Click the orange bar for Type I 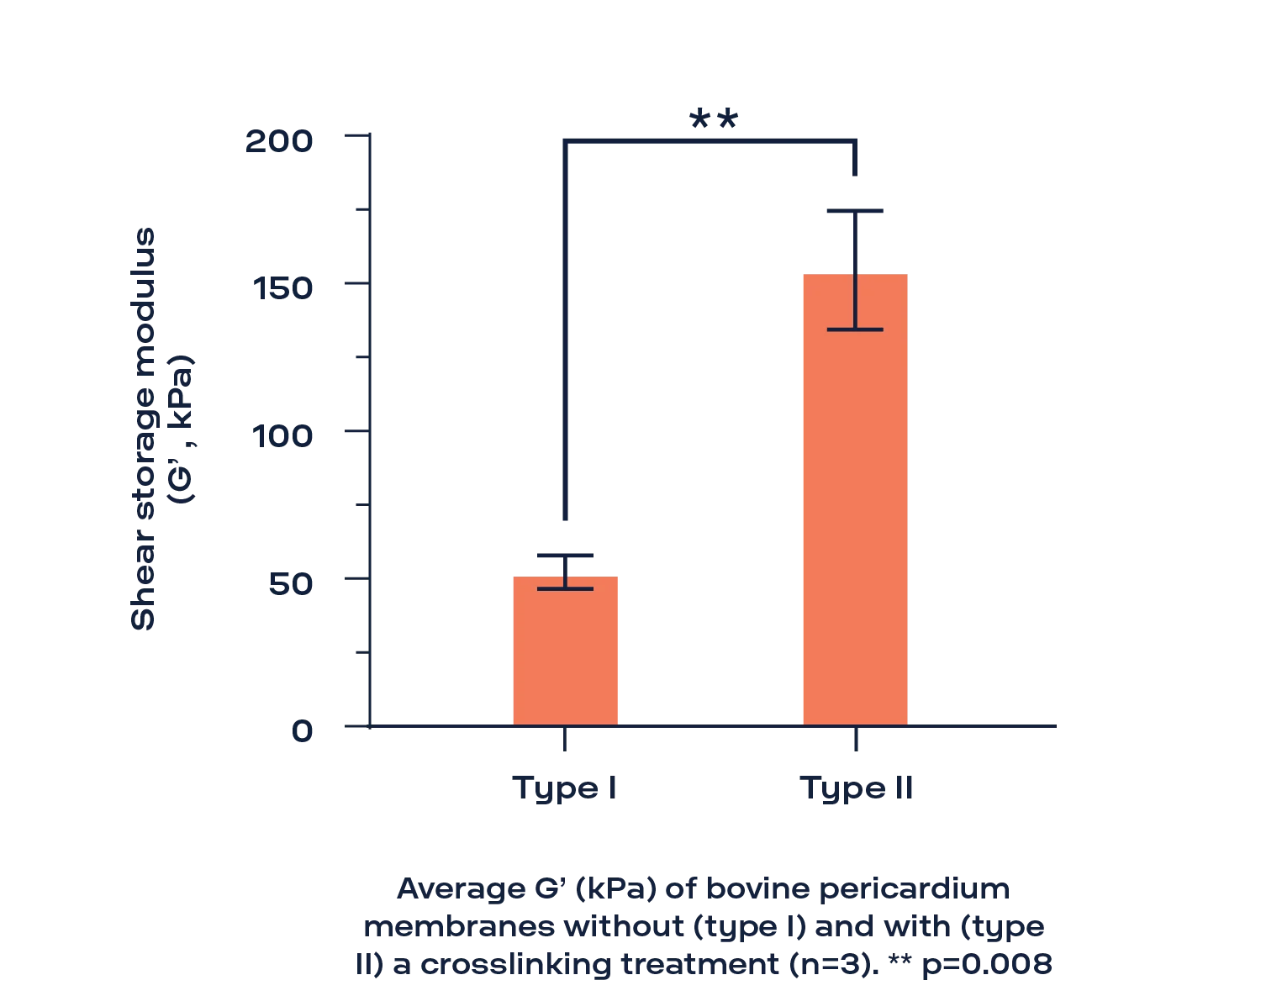pyautogui.click(x=566, y=651)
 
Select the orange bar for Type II pyautogui.click(x=855, y=500)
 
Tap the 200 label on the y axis pyautogui.click(x=279, y=142)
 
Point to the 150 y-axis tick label pyautogui.click(x=282, y=289)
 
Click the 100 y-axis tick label pyautogui.click(x=282, y=436)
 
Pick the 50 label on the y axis pyautogui.click(x=291, y=584)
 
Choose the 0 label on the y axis pyautogui.click(x=303, y=731)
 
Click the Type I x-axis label pyautogui.click(x=564, y=788)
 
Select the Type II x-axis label pyautogui.click(x=856, y=788)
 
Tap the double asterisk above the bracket pyautogui.click(x=714, y=119)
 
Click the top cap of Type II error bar pyautogui.click(x=855, y=211)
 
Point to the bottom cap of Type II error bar pyautogui.click(x=855, y=329)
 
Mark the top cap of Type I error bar pyautogui.click(x=566, y=556)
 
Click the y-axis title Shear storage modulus pyautogui.click(x=143, y=429)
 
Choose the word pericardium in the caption pyautogui.click(x=914, y=890)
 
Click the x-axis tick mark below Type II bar pyautogui.click(x=856, y=739)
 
